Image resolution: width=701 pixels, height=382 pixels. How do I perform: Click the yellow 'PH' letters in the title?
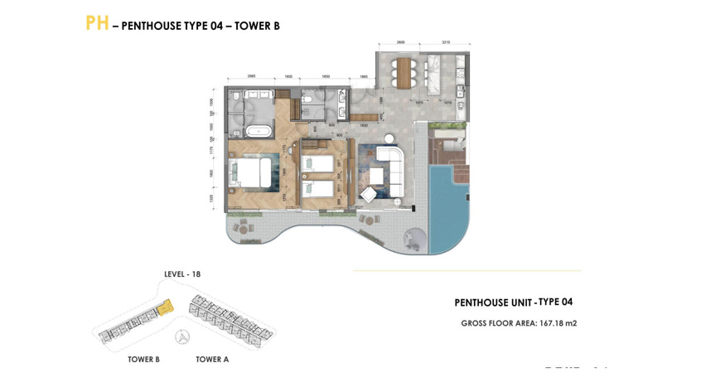point(97,23)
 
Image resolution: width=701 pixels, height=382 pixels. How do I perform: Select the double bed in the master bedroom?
point(254,173)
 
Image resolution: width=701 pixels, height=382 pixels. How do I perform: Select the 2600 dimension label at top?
point(400,42)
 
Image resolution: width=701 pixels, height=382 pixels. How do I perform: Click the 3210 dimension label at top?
point(445,42)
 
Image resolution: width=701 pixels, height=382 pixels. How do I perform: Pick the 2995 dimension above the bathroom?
point(251,76)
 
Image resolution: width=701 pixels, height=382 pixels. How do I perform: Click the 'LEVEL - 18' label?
point(182,274)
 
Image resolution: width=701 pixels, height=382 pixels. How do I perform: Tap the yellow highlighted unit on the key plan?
point(166,307)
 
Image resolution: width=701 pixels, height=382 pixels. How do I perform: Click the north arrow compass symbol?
point(184,336)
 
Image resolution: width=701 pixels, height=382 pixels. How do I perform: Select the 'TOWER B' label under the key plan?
point(143,360)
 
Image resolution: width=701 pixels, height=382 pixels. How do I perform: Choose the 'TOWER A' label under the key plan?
point(212,360)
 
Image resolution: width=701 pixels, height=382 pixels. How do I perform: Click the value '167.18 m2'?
point(558,323)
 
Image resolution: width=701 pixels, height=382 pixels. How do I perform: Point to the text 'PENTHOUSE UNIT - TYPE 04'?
point(513,302)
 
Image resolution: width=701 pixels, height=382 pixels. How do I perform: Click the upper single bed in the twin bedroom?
point(318,163)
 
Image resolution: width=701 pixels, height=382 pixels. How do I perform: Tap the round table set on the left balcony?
point(244,225)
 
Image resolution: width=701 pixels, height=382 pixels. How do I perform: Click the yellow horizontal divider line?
point(467,270)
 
